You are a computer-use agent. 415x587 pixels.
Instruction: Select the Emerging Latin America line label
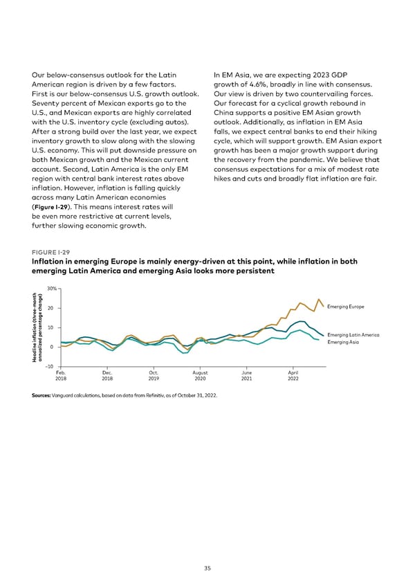point(353,336)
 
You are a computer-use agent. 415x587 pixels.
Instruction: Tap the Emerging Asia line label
point(343,343)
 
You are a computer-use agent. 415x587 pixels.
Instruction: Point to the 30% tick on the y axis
point(51,289)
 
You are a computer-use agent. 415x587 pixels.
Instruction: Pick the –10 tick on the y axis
point(50,366)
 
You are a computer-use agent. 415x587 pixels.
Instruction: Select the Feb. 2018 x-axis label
point(61,375)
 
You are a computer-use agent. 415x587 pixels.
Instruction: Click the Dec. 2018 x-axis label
point(107,375)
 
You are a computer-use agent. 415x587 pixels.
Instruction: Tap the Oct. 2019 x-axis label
point(154,375)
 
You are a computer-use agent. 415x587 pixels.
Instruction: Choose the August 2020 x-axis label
point(200,375)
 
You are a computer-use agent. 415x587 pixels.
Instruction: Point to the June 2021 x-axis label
point(246,375)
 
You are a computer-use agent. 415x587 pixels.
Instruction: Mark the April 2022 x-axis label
point(293,375)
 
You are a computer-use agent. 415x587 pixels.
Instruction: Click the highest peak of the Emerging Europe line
point(318,299)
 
